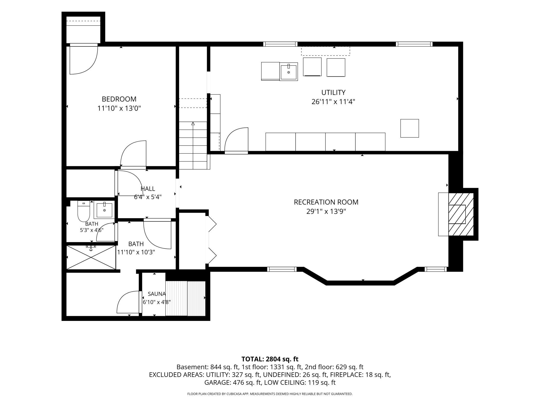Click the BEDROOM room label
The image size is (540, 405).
pyautogui.click(x=119, y=99)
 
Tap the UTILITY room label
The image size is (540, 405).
pyautogui.click(x=333, y=92)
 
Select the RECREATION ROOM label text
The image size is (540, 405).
pyautogui.click(x=326, y=202)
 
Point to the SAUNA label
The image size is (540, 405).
pyautogui.click(x=157, y=294)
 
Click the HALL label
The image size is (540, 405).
pyautogui.click(x=148, y=189)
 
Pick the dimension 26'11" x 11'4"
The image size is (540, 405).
pyautogui.click(x=333, y=102)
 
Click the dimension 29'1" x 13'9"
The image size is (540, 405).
pyautogui.click(x=326, y=212)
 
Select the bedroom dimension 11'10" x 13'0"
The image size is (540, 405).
pyautogui.click(x=119, y=108)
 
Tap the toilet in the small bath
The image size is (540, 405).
pyautogui.click(x=84, y=211)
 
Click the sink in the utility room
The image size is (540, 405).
pyautogui.click(x=289, y=72)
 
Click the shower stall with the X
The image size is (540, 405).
pyautogui.click(x=91, y=257)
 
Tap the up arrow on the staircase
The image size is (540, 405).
pyautogui.click(x=193, y=124)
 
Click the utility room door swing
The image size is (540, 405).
pyautogui.click(x=236, y=140)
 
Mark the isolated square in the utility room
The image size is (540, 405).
pyautogui.click(x=410, y=128)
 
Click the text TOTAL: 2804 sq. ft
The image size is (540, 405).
pyautogui.click(x=270, y=359)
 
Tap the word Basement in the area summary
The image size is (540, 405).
pyautogui.click(x=192, y=367)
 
